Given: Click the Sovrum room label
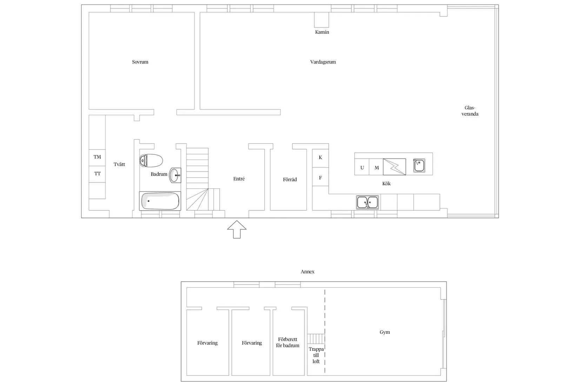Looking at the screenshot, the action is click(x=140, y=62).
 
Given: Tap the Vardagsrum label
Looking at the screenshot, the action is click(x=323, y=62).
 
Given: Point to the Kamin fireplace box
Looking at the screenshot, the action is click(x=321, y=20).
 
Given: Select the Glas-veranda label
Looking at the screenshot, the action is click(x=470, y=111).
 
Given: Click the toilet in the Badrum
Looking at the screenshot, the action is click(x=151, y=161).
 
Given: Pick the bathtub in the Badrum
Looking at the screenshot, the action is click(x=160, y=201).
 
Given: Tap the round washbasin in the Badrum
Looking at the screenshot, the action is click(x=175, y=175).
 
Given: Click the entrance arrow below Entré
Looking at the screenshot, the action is click(x=237, y=229).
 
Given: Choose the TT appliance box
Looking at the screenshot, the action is click(x=97, y=174).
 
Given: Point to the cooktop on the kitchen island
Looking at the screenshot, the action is click(x=394, y=167).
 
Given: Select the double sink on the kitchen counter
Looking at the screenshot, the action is click(x=367, y=202).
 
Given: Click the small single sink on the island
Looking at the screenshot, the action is click(x=419, y=166).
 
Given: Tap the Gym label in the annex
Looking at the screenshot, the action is click(x=385, y=332).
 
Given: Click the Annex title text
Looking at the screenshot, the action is click(x=308, y=272).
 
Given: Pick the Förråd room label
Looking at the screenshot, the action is click(x=290, y=179).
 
